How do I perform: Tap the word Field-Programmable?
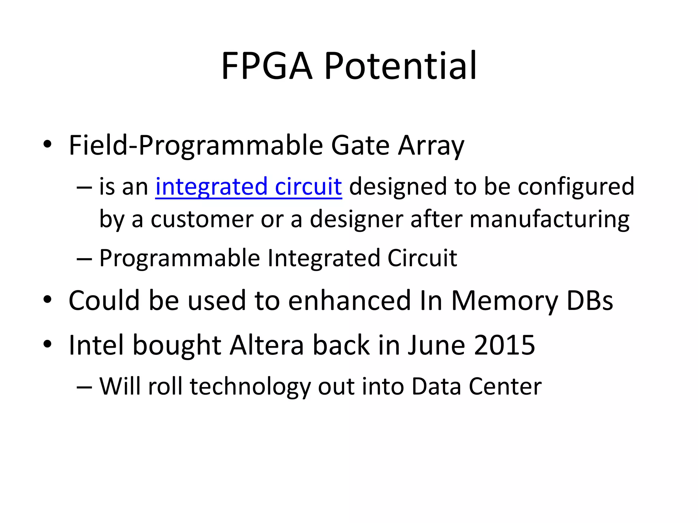pyautogui.click(x=196, y=146)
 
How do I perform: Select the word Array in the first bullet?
pyautogui.click(x=431, y=146)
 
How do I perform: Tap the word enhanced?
pyautogui.click(x=349, y=300)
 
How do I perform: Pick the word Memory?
pyautogui.click(x=504, y=300)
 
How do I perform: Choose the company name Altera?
pyautogui.click(x=267, y=345)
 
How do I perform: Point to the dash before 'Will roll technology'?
pyautogui.click(x=84, y=387)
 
